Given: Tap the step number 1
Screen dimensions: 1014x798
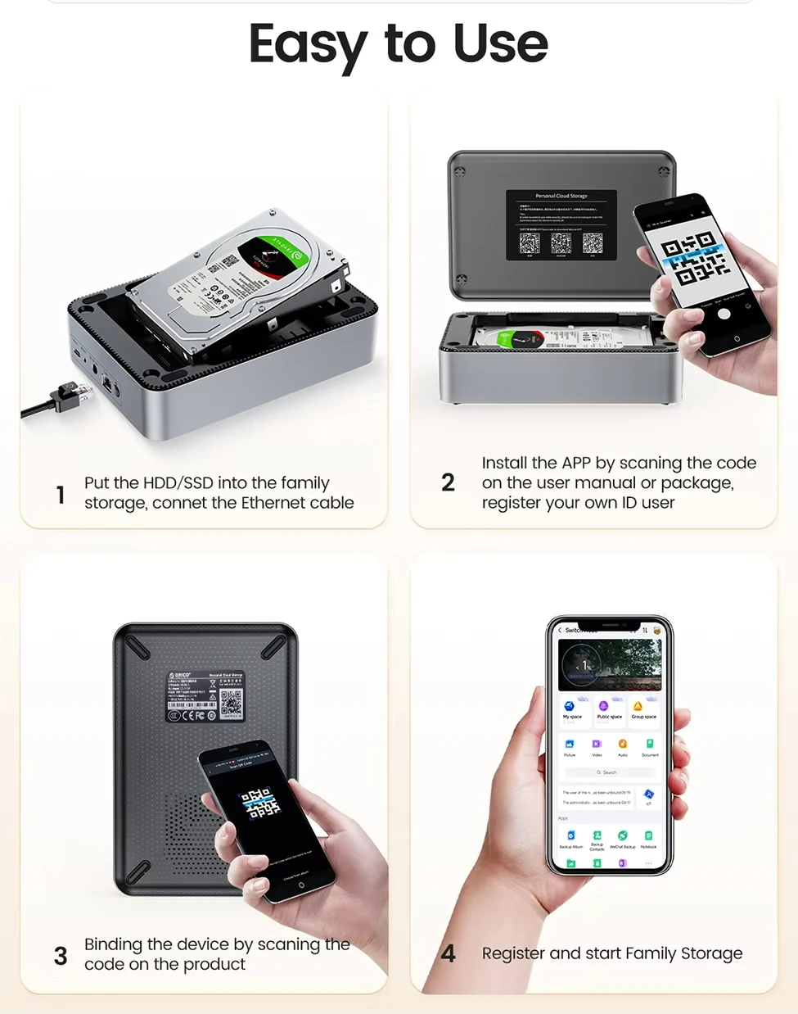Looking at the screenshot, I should (61, 495).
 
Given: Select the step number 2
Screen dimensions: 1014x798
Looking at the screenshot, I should (448, 482).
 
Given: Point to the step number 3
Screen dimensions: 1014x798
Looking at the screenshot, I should (61, 956).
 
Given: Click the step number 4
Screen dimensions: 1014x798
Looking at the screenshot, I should (448, 953).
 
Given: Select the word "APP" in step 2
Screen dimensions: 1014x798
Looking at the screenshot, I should (576, 463).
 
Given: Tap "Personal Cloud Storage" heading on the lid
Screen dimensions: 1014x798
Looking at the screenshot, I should (561, 196).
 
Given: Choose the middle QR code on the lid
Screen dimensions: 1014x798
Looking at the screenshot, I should (561, 243).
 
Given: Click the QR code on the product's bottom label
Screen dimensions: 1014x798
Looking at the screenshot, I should (231, 703).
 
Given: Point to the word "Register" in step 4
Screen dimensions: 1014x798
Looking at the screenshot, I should (513, 953).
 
